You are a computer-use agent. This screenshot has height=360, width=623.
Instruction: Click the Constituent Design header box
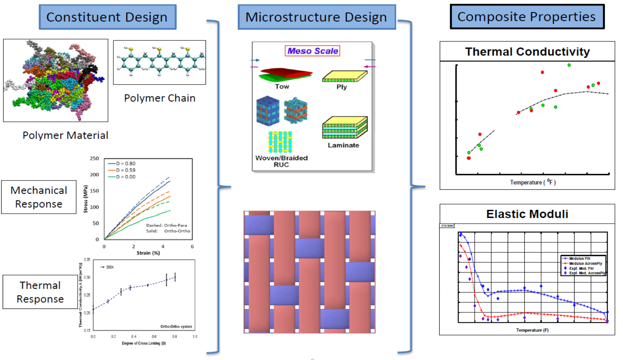[107, 17]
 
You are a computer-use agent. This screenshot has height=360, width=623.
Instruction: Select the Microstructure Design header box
[316, 17]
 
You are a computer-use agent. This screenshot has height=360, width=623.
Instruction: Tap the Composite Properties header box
[527, 17]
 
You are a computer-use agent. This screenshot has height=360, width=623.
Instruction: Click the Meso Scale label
[312, 51]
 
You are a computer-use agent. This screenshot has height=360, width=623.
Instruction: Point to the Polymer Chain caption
[159, 98]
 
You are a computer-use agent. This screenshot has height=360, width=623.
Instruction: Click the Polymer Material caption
[65, 135]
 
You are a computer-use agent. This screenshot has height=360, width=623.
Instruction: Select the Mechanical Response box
[39, 197]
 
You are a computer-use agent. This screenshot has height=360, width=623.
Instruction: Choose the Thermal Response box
[40, 292]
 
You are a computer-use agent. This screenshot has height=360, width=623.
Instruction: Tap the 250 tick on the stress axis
[95, 158]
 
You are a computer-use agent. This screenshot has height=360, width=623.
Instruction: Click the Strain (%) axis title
[148, 253]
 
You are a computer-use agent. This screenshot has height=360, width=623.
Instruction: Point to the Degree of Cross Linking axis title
[144, 343]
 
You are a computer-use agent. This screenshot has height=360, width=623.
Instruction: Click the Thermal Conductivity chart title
[527, 51]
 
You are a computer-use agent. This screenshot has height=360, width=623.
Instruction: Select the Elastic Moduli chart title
[527, 214]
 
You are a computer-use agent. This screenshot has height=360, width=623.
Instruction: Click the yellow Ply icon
[344, 77]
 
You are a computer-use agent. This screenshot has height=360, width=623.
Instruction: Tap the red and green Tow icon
[285, 75]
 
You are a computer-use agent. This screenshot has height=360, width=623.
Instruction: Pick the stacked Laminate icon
[345, 128]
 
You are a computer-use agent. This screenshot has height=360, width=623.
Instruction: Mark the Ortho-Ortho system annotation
[176, 327]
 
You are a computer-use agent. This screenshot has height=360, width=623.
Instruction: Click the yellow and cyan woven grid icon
[280, 142]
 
